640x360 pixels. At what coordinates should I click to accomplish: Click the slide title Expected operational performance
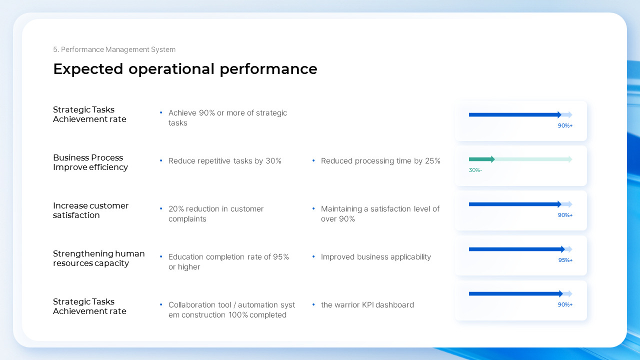pos(185,69)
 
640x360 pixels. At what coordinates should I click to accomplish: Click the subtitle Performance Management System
pos(114,49)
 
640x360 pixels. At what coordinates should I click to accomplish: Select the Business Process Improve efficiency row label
pos(90,162)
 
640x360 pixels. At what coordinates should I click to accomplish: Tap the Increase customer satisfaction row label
pos(90,210)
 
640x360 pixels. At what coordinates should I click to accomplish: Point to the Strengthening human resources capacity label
pos(98,258)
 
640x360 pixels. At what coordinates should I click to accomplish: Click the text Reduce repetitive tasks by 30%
pos(224,161)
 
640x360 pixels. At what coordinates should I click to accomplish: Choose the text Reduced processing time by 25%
pos(380,161)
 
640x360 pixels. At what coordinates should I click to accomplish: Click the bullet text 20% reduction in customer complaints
pos(215,213)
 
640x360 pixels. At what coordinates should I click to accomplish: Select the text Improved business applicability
pos(375,257)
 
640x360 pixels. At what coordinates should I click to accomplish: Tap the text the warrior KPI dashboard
pos(367,305)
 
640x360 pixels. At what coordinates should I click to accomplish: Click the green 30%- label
pos(475,170)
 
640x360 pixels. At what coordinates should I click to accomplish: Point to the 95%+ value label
pos(565,260)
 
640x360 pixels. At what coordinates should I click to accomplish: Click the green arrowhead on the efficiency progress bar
pos(492,159)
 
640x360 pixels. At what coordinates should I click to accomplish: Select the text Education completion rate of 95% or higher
pos(228,261)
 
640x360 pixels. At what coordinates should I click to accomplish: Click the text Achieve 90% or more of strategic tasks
pos(227,117)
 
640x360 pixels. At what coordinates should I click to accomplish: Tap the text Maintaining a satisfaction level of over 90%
pos(380,213)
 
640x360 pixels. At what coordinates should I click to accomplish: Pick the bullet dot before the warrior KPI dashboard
pos(313,304)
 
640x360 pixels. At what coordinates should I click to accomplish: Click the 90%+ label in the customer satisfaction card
pos(565,215)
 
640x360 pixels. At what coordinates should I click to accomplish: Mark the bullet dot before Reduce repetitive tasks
pos(161,160)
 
